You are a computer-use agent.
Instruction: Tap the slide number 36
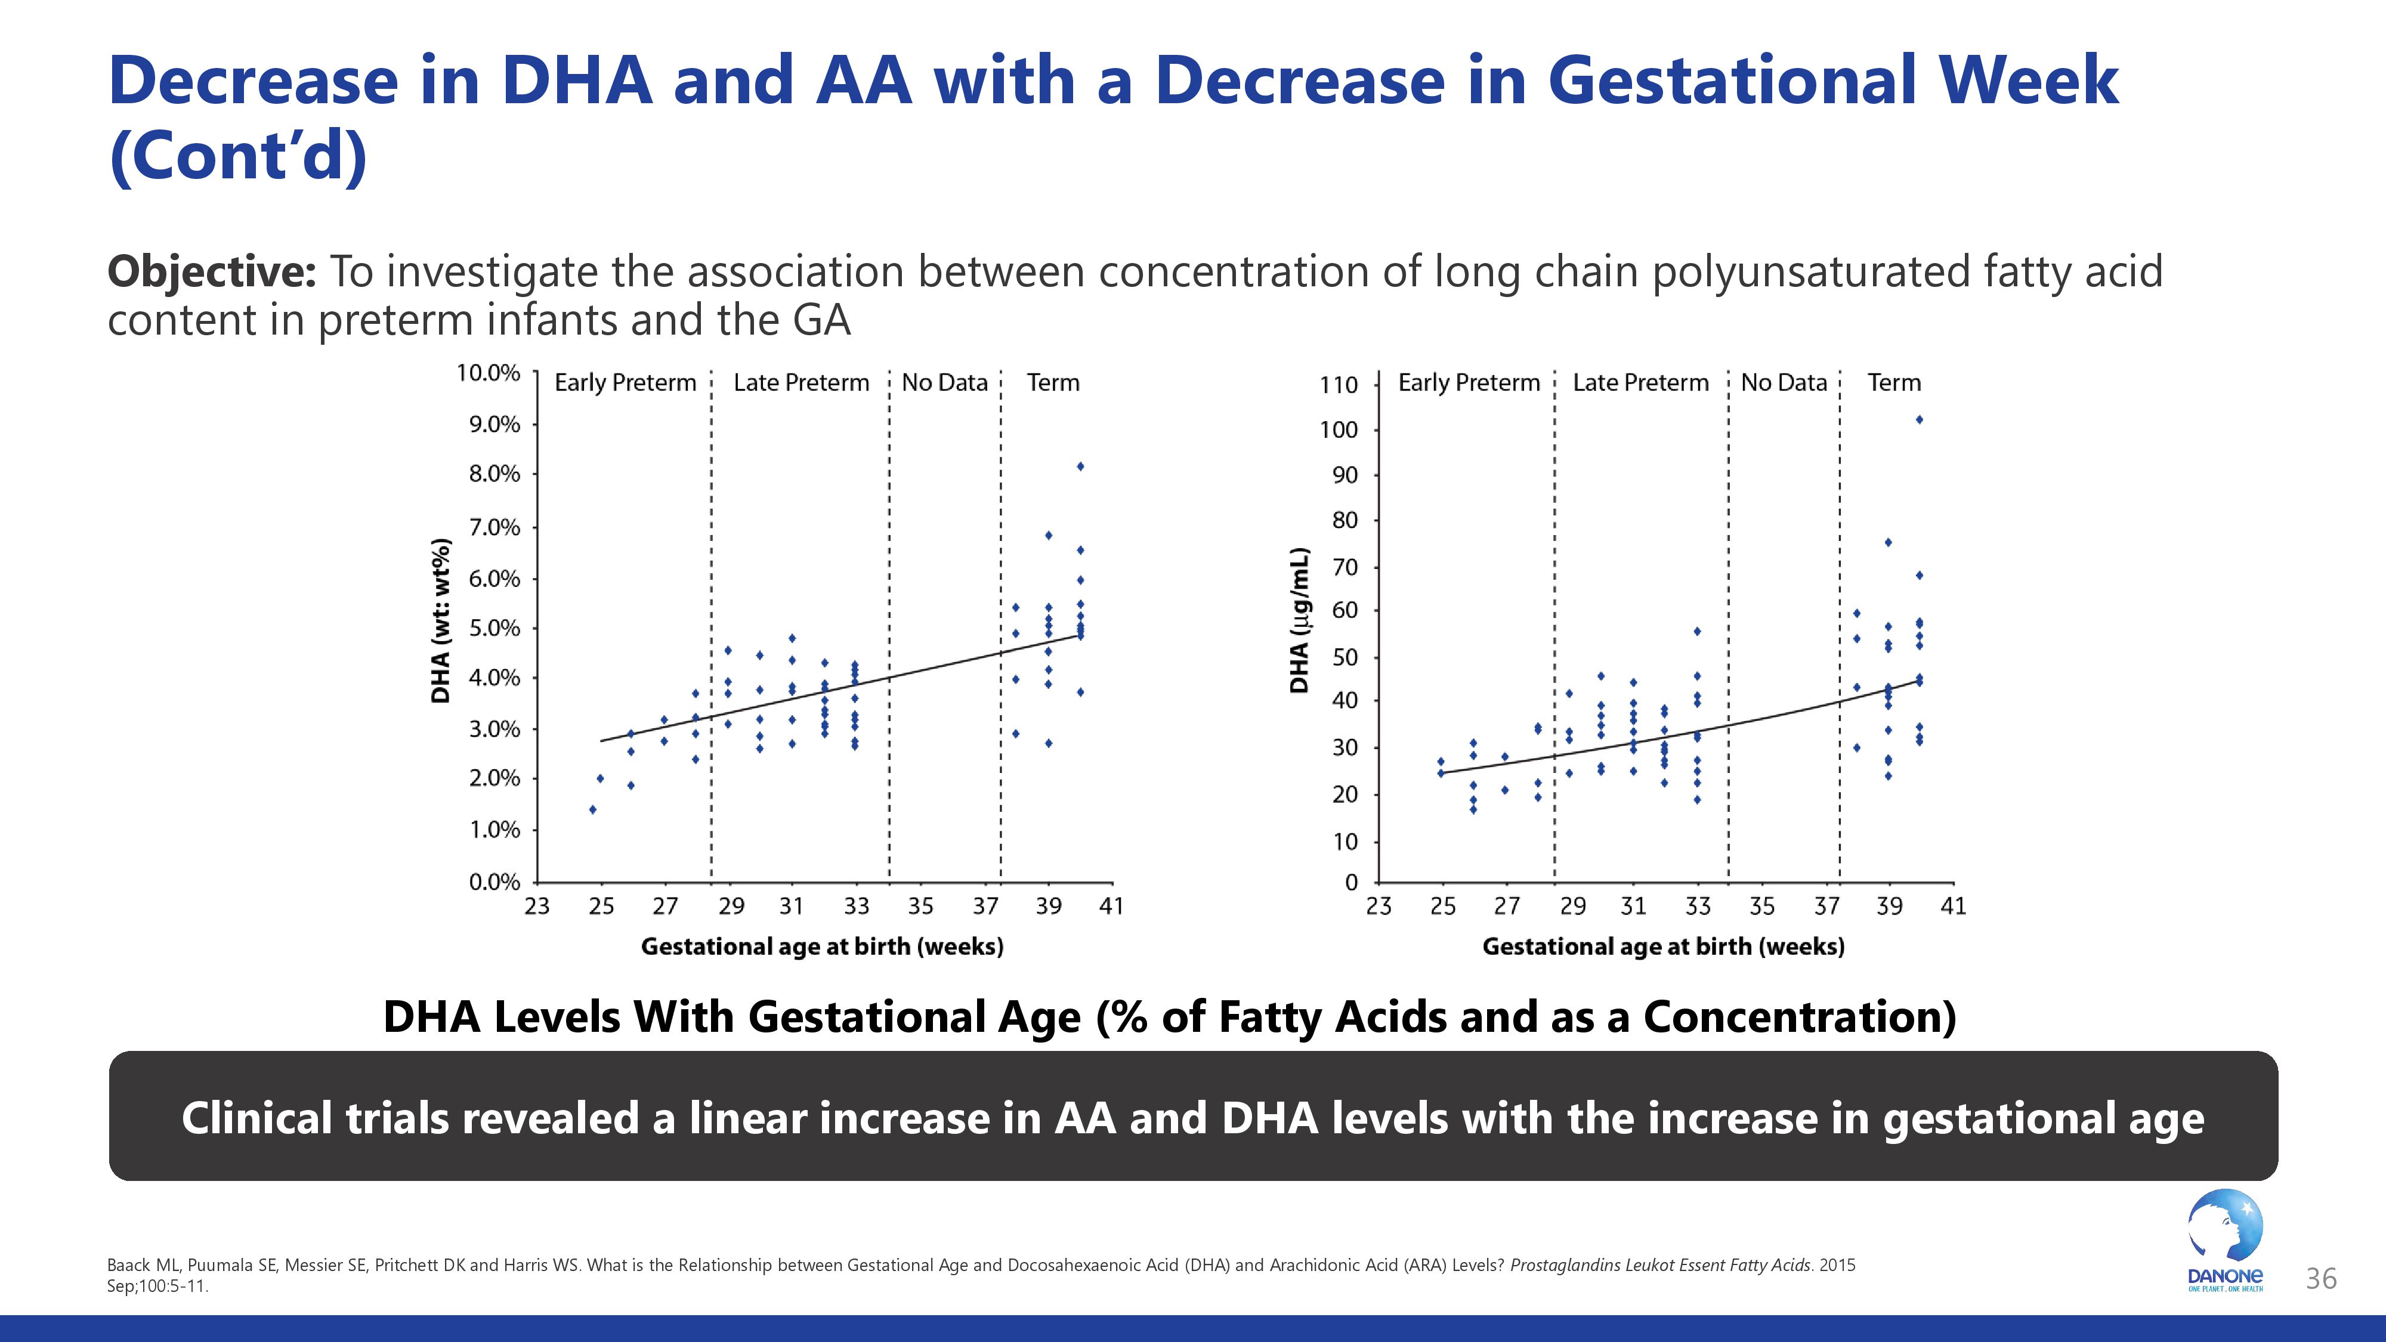2320,1279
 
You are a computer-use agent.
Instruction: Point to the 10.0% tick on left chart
488,373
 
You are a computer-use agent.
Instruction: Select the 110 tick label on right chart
1339,384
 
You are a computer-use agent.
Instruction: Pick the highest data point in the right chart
1919,419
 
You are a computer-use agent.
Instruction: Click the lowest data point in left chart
593,809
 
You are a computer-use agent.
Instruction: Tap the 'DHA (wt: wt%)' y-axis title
442,620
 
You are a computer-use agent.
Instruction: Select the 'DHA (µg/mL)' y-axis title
1300,620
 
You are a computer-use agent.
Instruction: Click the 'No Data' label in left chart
945,382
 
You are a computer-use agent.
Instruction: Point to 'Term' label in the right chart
1894,382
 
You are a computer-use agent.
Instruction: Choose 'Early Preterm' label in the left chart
625,382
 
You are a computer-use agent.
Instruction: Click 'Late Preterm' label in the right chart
1640,382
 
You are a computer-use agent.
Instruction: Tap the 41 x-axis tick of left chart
1111,906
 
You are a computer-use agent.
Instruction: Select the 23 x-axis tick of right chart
1379,906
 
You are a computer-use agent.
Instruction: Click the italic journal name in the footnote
1660,1265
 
